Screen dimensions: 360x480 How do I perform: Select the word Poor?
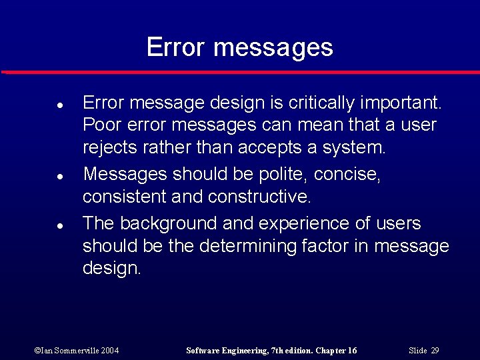pos(99,125)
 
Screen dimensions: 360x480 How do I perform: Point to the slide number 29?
pos(435,351)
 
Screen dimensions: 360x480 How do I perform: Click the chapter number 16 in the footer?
pos(351,351)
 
